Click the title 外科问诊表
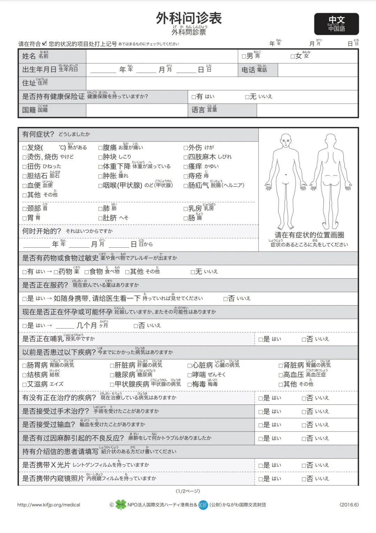(x=189, y=18)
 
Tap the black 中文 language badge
(x=336, y=24)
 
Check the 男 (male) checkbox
(x=244, y=56)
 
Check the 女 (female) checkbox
(x=293, y=56)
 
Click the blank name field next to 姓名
(x=162, y=56)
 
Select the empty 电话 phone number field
(x=318, y=70)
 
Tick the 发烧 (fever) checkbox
(x=24, y=148)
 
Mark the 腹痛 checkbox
(x=100, y=148)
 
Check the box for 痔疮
(x=186, y=176)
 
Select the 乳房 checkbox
(x=186, y=209)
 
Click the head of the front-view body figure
(x=286, y=140)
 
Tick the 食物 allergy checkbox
(x=87, y=272)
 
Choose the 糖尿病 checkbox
(x=112, y=375)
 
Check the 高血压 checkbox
(x=281, y=375)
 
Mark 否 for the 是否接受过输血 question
(x=304, y=425)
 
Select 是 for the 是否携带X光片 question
(x=260, y=466)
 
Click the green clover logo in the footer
(x=121, y=505)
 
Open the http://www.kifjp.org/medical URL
(x=49, y=505)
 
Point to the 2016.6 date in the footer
(x=349, y=505)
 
